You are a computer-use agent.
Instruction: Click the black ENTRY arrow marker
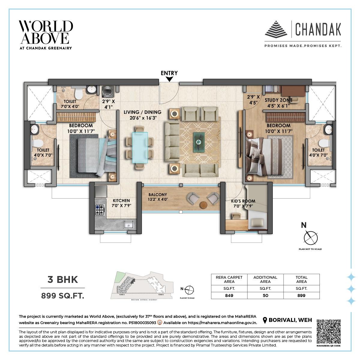pyautogui.click(x=169, y=79)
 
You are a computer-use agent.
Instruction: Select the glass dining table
pyautogui.click(x=140, y=147)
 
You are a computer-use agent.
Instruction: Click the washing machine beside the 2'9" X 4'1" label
pyautogui.click(x=107, y=91)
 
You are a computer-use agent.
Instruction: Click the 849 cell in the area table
pyautogui.click(x=229, y=295)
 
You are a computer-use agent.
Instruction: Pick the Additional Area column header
pyautogui.click(x=265, y=279)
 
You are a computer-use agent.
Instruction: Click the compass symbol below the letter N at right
pyautogui.click(x=310, y=238)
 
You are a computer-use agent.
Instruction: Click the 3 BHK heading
pyautogui.click(x=63, y=280)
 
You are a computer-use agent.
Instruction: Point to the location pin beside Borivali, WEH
pyautogui.click(x=265, y=320)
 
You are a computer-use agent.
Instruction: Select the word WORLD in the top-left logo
pyautogui.click(x=46, y=26)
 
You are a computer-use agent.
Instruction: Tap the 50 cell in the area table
pyautogui.click(x=265, y=295)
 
